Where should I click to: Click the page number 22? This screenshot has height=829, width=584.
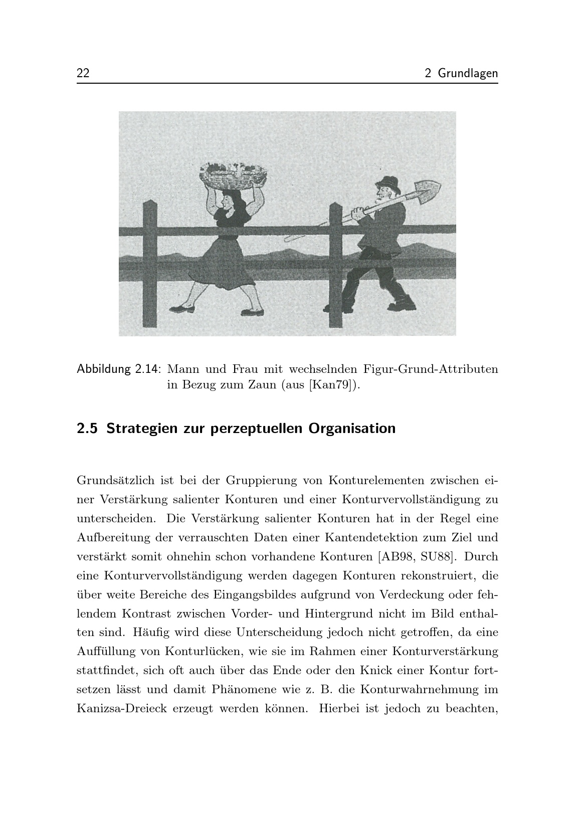83,73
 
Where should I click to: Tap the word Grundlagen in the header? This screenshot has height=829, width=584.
468,74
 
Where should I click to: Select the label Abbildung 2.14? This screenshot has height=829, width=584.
118,370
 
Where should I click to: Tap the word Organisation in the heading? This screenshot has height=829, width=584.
352,429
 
